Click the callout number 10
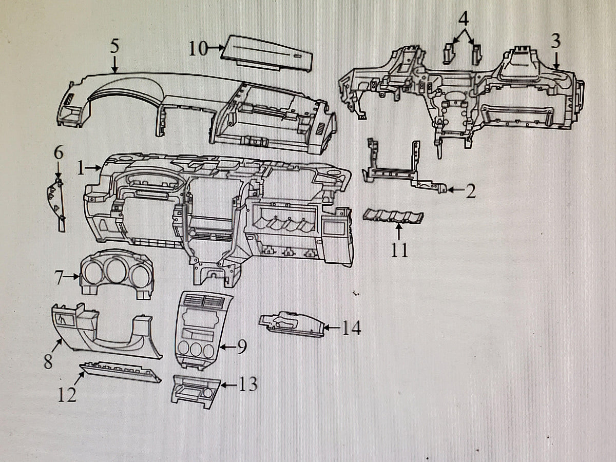tap(199, 49)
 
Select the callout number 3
tap(555, 41)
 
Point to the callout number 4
tap(464, 19)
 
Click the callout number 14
tap(352, 328)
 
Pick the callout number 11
tap(399, 250)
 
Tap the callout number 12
tap(67, 395)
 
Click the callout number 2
tap(470, 191)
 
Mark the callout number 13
tap(248, 384)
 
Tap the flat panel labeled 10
tap(266, 53)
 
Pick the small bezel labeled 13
tap(196, 392)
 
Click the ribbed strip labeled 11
tap(393, 216)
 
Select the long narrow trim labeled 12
tap(120, 372)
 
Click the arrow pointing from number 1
tap(93, 168)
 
